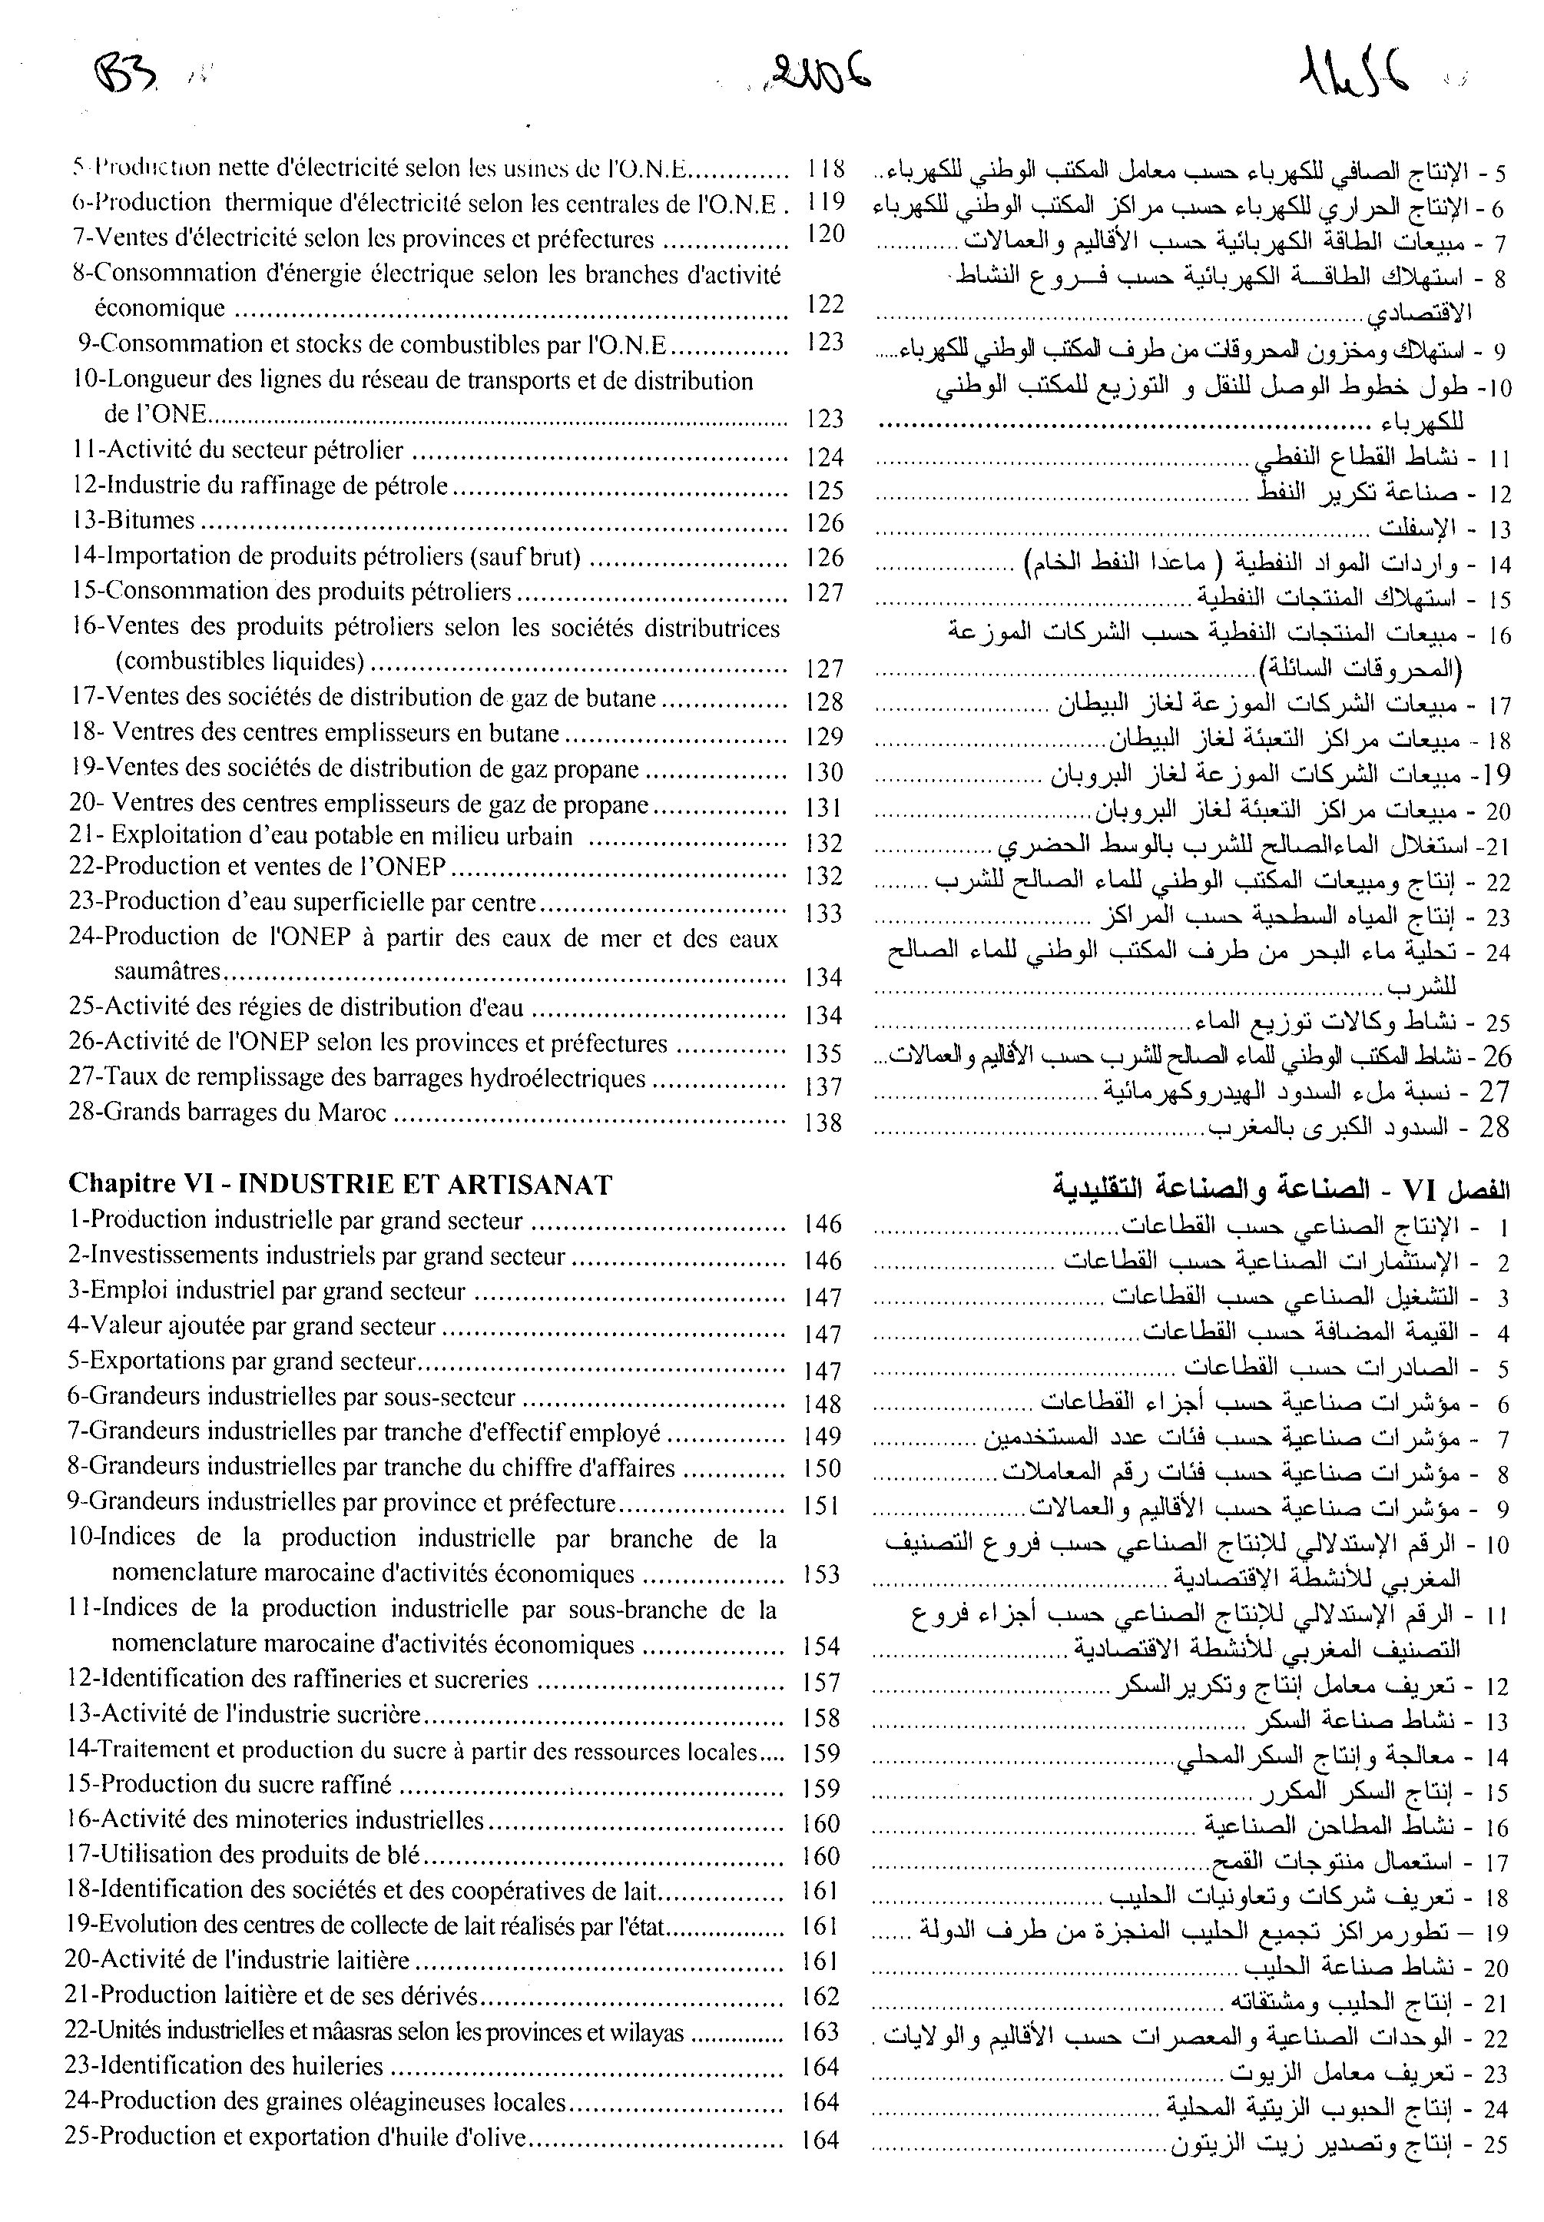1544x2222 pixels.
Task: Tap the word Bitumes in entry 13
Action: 150,520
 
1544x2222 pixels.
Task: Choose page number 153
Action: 822,1574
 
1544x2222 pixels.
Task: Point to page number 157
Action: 822,1682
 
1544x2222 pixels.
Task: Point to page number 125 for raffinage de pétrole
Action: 824,489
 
